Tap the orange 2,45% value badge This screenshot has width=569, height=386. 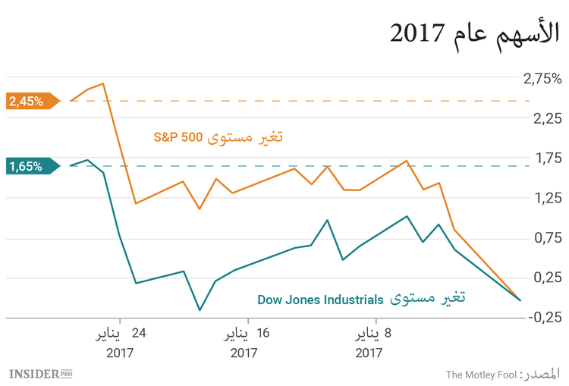(x=29, y=101)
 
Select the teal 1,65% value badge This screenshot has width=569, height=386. (x=29, y=166)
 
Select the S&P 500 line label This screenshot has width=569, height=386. (x=218, y=138)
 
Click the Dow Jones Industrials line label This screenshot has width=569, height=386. (x=360, y=299)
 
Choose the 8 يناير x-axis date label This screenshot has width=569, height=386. (x=374, y=334)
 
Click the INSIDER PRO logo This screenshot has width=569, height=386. (x=41, y=374)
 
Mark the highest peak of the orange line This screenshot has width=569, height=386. (x=103, y=83)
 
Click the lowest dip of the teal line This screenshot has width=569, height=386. (x=200, y=310)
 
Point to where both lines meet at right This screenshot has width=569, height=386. (x=520, y=300)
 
